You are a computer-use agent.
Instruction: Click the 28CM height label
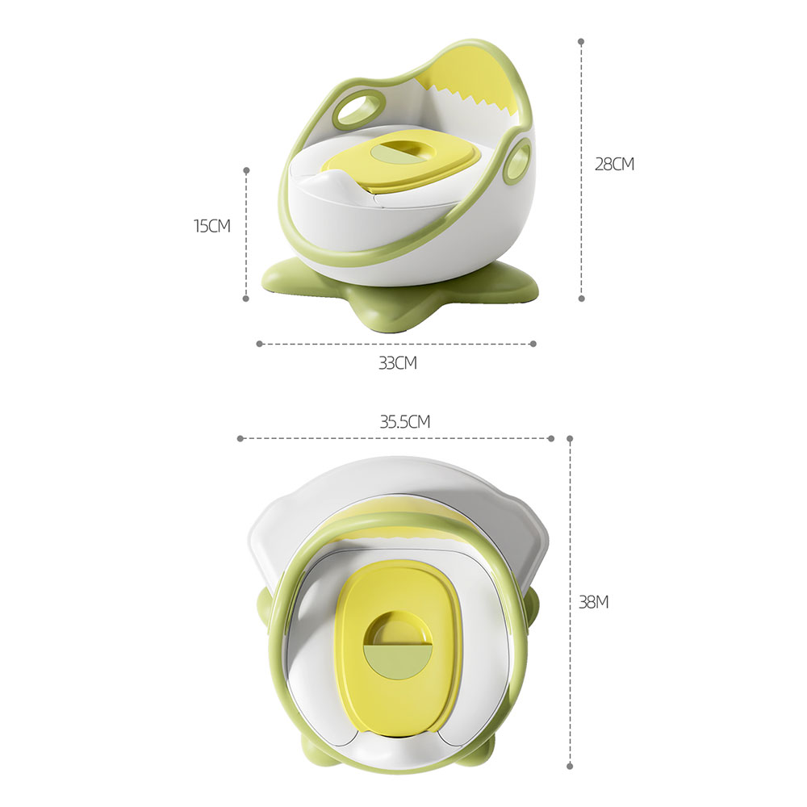click(x=614, y=165)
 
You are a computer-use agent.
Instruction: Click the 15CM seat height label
click(x=212, y=226)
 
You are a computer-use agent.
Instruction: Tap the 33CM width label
click(x=398, y=363)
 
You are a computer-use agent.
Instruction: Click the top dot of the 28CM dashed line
click(x=581, y=40)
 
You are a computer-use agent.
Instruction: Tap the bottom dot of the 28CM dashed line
click(x=581, y=299)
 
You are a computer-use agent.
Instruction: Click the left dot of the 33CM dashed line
click(x=259, y=344)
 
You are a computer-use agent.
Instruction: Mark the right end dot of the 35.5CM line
click(x=551, y=439)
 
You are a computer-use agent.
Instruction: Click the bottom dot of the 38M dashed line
click(x=570, y=766)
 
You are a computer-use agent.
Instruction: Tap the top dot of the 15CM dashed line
click(x=246, y=170)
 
